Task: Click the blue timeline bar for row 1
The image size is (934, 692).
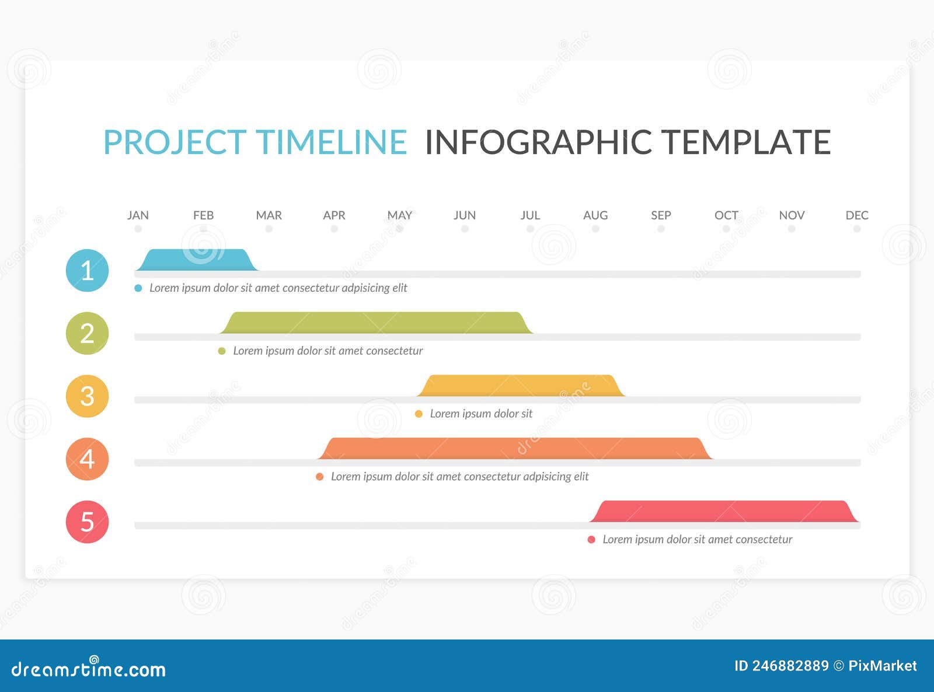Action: (197, 260)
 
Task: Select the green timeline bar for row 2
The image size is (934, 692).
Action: (377, 323)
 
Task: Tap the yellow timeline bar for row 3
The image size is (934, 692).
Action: (521, 386)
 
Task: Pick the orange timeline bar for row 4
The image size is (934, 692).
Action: (515, 449)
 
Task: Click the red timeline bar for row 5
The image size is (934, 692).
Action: (724, 512)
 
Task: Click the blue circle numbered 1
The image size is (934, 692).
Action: (87, 270)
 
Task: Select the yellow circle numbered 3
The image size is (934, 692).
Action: (87, 396)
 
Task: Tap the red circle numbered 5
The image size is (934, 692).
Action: (87, 522)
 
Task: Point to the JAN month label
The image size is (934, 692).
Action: (138, 215)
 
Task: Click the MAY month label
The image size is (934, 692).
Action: (399, 215)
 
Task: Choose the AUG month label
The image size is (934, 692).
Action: (595, 215)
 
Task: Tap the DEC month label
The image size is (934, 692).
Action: (856, 215)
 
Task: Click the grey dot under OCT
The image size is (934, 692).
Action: (726, 229)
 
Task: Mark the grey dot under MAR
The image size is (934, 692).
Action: (269, 229)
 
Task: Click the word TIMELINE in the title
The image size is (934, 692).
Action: (331, 142)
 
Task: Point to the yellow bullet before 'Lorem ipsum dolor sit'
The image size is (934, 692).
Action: (419, 414)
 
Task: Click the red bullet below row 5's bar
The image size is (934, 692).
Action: (591, 540)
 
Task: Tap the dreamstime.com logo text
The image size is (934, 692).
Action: (89, 669)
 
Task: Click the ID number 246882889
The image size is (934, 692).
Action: (790, 666)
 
